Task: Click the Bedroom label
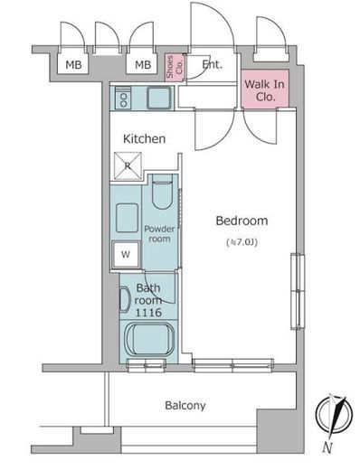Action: pyautogui.click(x=242, y=221)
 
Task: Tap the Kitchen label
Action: pyautogui.click(x=145, y=138)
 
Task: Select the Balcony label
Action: pyautogui.click(x=185, y=406)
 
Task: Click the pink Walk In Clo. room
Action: pyautogui.click(x=265, y=89)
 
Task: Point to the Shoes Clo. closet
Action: pyautogui.click(x=175, y=67)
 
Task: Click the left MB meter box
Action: pyautogui.click(x=73, y=64)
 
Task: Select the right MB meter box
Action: pyautogui.click(x=142, y=64)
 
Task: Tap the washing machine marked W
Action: pyautogui.click(x=126, y=255)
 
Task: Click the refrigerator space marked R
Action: pyautogui.click(x=128, y=165)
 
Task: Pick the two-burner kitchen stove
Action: pyautogui.click(x=123, y=99)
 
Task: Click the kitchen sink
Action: pyautogui.click(x=159, y=98)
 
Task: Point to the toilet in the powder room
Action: pyautogui.click(x=162, y=192)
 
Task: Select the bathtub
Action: pyautogui.click(x=149, y=339)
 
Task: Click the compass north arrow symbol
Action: pyautogui.click(x=335, y=415)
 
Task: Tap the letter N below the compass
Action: pyautogui.click(x=327, y=447)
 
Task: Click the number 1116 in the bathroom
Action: pyautogui.click(x=148, y=313)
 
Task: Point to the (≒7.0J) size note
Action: pyautogui.click(x=242, y=242)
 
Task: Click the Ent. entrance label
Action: pyautogui.click(x=212, y=64)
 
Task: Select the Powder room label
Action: pyautogui.click(x=159, y=234)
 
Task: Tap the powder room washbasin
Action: pyautogui.click(x=127, y=218)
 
